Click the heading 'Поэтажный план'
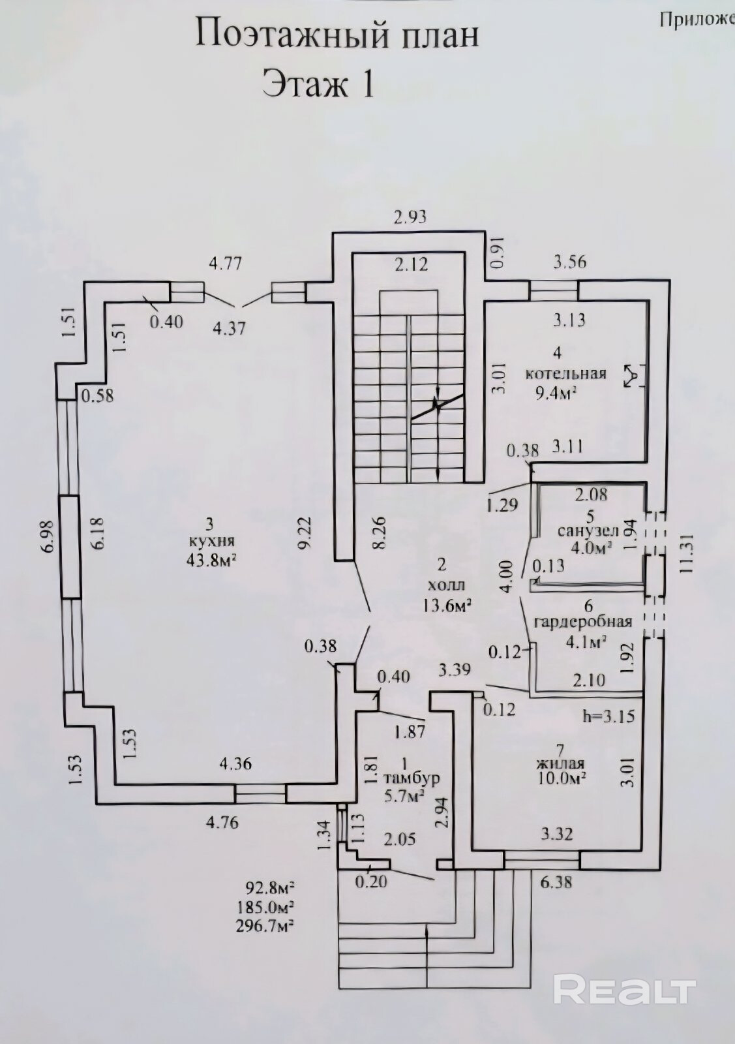click(x=337, y=35)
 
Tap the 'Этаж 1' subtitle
click(x=318, y=84)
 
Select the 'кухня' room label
click(x=210, y=541)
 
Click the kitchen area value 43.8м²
click(x=211, y=559)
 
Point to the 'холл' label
click(x=444, y=585)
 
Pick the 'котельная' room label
click(x=566, y=374)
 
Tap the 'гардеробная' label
click(x=582, y=621)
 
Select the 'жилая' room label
click(x=560, y=763)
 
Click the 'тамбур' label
click(x=411, y=778)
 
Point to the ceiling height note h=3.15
click(x=608, y=716)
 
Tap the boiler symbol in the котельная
click(x=632, y=376)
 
